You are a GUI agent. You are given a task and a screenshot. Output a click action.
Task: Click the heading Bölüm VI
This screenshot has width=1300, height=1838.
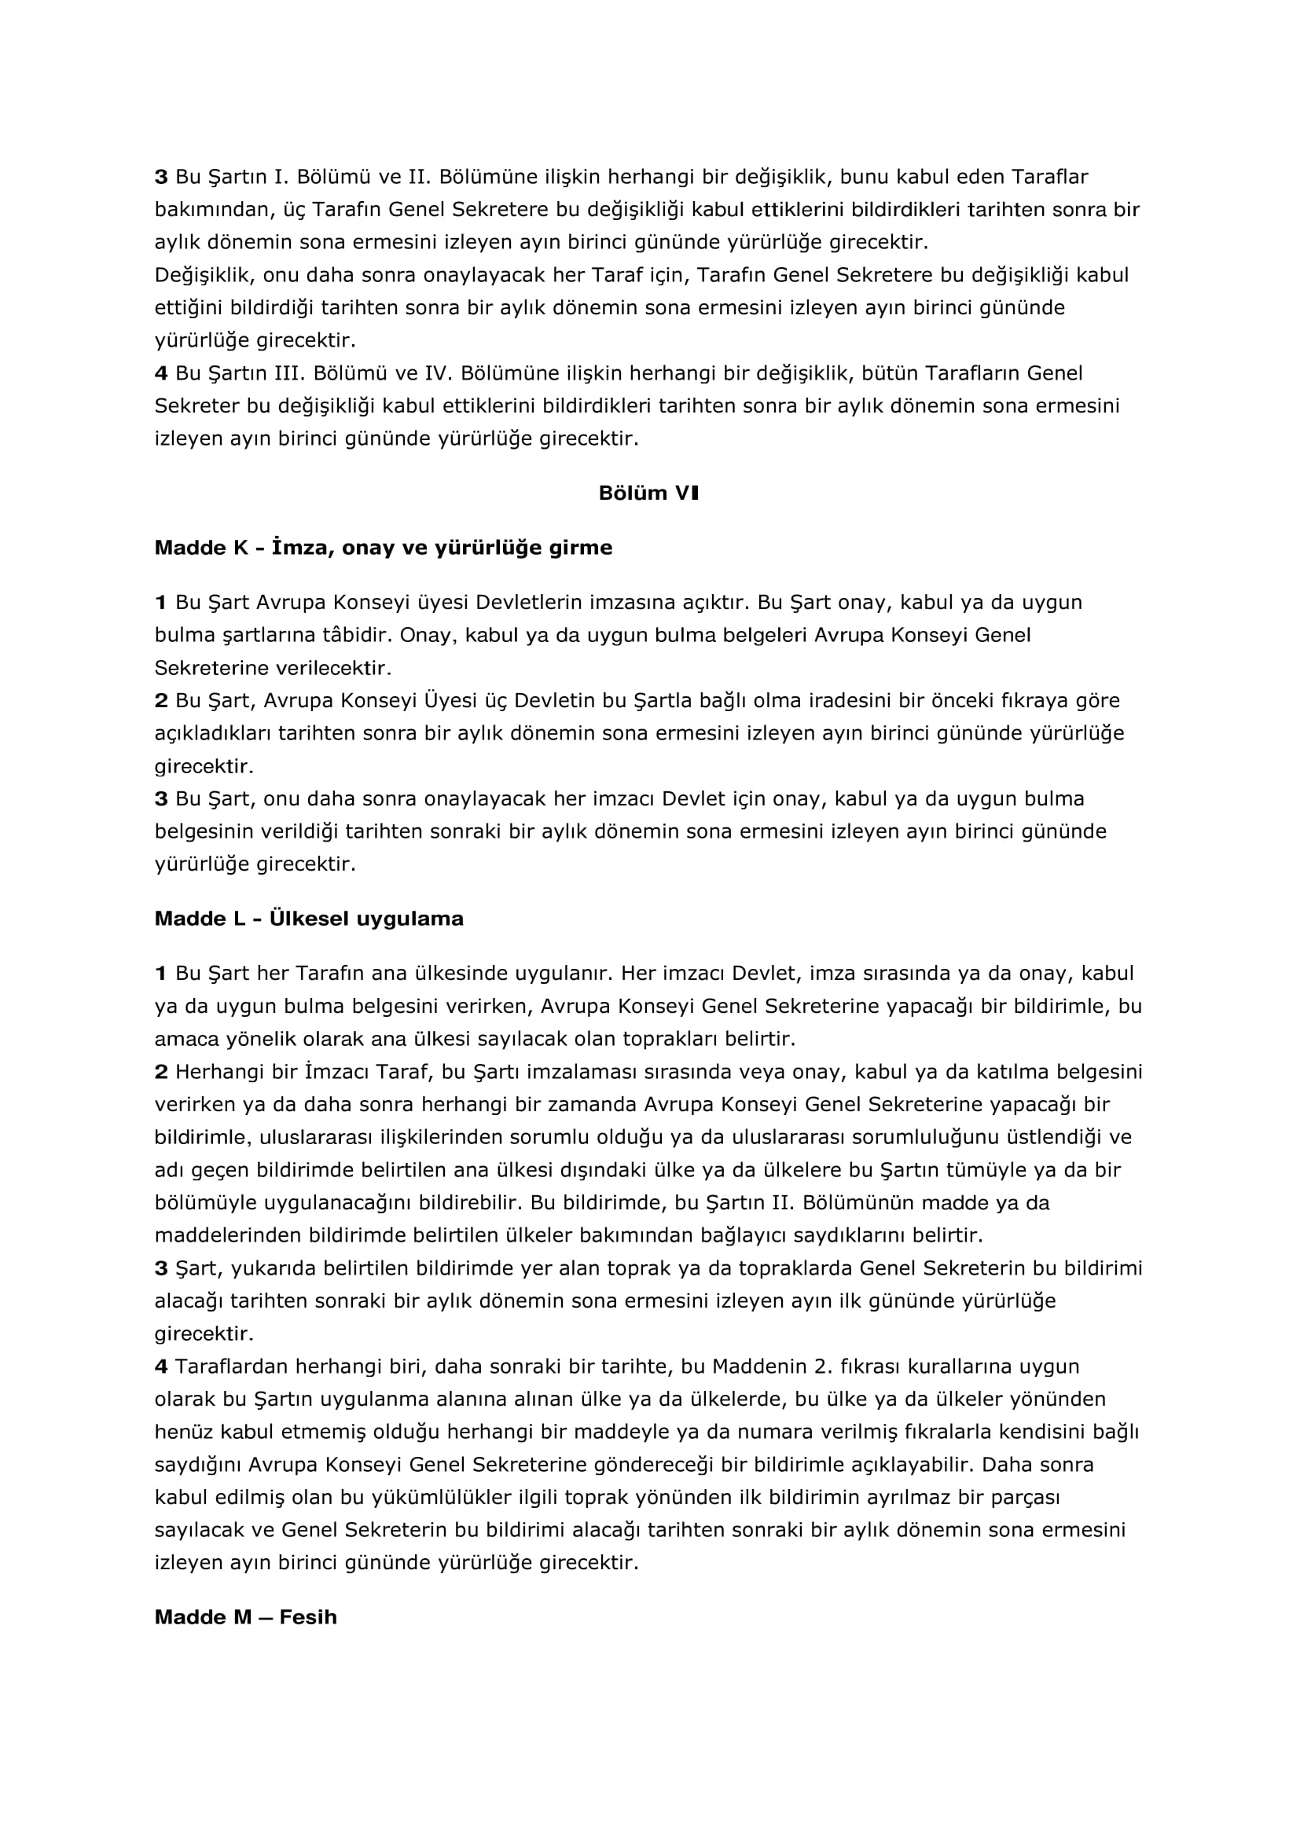[x=648, y=493]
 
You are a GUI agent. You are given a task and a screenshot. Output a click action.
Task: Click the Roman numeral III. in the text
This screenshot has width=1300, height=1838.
[x=280, y=373]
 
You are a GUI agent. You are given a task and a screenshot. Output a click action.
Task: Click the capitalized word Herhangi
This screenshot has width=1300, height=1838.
[x=214, y=1072]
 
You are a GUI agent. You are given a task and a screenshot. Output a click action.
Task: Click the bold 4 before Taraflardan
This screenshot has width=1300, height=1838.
[x=161, y=1367]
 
